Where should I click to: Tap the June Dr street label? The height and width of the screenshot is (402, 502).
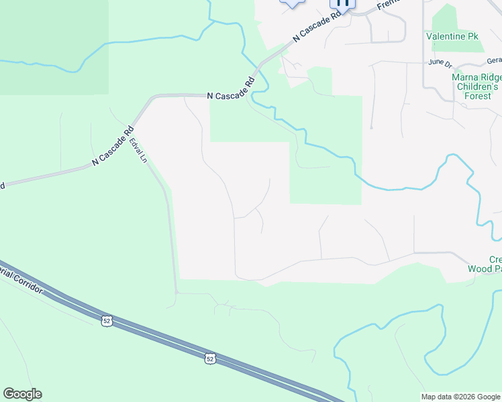pyautogui.click(x=440, y=62)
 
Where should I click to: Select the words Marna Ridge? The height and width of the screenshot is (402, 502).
pyautogui.click(x=476, y=77)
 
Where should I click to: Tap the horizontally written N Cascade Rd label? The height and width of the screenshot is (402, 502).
pyautogui.click(x=230, y=95)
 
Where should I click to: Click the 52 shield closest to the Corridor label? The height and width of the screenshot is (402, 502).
pyautogui.click(x=107, y=322)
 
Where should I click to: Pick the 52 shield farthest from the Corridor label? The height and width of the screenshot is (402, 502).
pyautogui.click(x=210, y=360)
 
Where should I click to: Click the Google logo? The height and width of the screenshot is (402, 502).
pyautogui.click(x=22, y=394)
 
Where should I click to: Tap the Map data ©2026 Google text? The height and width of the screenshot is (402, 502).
pyautogui.click(x=460, y=397)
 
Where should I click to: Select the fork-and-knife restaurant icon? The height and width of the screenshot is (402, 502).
pyautogui.click(x=342, y=3)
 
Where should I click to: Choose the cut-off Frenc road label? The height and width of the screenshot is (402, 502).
pyautogui.click(x=388, y=5)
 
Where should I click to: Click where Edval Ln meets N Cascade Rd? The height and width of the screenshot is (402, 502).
pyautogui.click(x=135, y=127)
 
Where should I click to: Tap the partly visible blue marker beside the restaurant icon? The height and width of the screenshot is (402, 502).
pyautogui.click(x=293, y=3)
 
